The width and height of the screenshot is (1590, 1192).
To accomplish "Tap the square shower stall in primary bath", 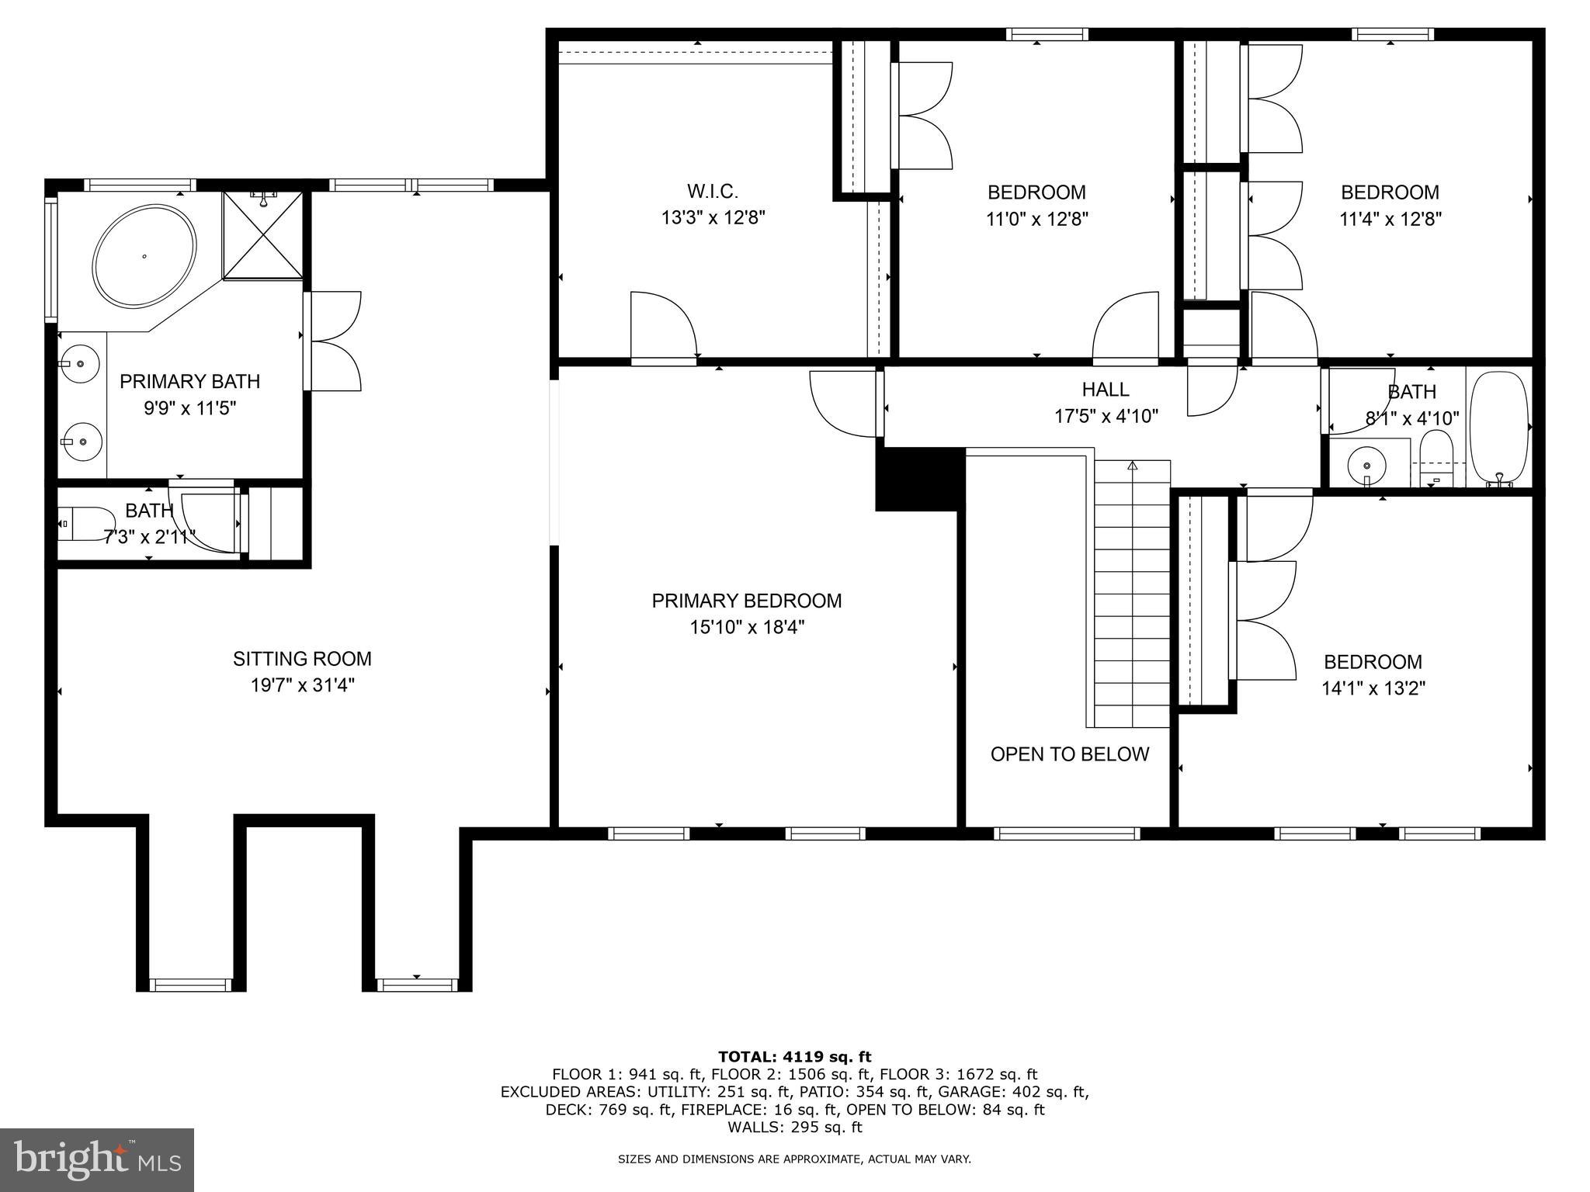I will point(263,234).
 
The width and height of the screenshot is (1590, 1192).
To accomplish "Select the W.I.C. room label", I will point(712,191).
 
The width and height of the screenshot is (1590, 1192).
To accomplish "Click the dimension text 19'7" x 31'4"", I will point(302,685).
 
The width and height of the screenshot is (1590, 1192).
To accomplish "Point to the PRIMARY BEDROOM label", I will point(746,601).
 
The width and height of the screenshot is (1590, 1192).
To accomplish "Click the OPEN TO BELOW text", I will point(1069,754).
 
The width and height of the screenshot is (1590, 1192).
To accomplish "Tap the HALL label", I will point(1106,390).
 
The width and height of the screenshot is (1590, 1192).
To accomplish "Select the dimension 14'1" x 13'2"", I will point(1373,688).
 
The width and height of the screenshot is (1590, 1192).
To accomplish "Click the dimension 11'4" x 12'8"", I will point(1390,219).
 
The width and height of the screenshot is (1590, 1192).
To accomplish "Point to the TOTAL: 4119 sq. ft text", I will point(794,1056).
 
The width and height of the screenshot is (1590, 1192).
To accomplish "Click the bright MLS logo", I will point(97,1160).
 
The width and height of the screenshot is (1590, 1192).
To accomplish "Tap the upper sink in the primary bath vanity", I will point(81,362).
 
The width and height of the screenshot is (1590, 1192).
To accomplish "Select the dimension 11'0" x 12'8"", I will point(1036,219).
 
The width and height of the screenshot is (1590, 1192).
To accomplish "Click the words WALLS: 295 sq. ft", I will point(794,1127).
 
